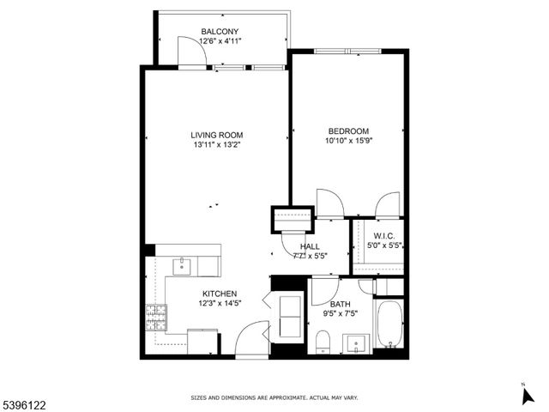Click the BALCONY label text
221,31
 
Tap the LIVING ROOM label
217,135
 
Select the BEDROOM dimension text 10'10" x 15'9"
347,141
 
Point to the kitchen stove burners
156,319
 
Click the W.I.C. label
383,236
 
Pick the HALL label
310,246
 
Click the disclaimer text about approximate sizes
274,398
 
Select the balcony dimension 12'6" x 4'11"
221,40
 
